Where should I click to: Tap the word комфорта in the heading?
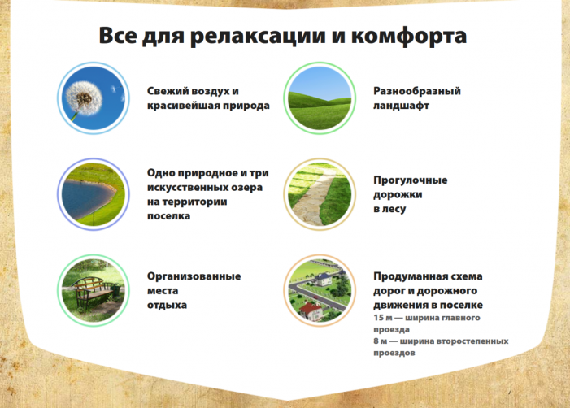(409, 36)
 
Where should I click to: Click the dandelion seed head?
(84, 98)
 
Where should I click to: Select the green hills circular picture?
(320, 98)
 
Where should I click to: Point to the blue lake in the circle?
(86, 198)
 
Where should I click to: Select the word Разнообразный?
(417, 91)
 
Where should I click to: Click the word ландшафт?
(401, 106)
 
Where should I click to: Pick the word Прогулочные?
(411, 180)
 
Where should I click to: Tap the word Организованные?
(194, 276)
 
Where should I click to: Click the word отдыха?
(167, 305)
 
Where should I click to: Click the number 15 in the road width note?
(378, 318)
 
